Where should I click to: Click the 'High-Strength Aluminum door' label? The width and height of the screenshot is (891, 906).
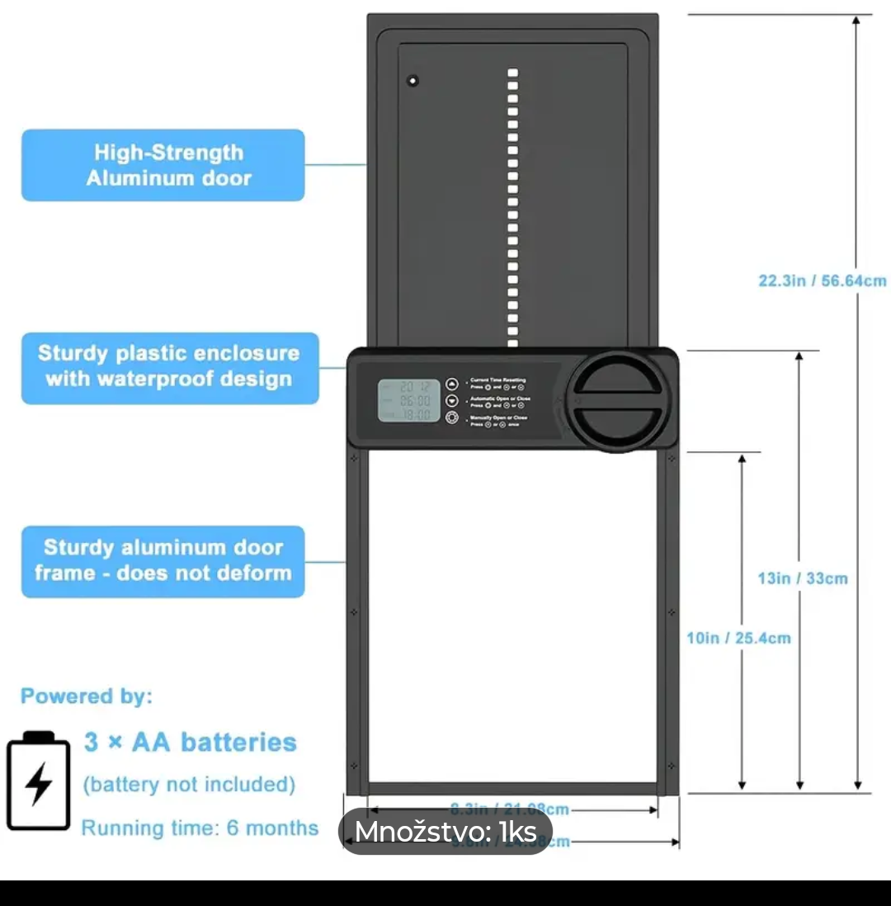(163, 165)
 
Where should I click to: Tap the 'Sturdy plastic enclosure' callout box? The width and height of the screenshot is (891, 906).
(169, 367)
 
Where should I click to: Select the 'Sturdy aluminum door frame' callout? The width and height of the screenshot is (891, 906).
(163, 560)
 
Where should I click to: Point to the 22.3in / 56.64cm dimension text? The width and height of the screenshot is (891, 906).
(822, 281)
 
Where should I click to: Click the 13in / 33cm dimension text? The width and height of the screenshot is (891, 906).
(802, 578)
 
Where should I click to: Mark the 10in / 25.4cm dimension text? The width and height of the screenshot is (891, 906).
(738, 638)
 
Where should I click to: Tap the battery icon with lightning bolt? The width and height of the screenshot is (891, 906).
(39, 780)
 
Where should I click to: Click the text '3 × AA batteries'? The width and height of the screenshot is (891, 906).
(190, 742)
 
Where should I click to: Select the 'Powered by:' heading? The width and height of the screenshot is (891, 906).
(87, 696)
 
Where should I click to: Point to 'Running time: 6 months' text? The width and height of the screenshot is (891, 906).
(200, 828)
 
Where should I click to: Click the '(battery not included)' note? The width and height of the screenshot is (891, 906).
(189, 784)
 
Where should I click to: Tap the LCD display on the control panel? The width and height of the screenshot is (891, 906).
(409, 400)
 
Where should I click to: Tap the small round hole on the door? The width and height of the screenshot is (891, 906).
(412, 81)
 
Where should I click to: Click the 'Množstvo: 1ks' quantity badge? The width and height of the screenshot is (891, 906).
(445, 833)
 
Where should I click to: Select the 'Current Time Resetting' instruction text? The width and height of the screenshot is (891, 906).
(497, 380)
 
